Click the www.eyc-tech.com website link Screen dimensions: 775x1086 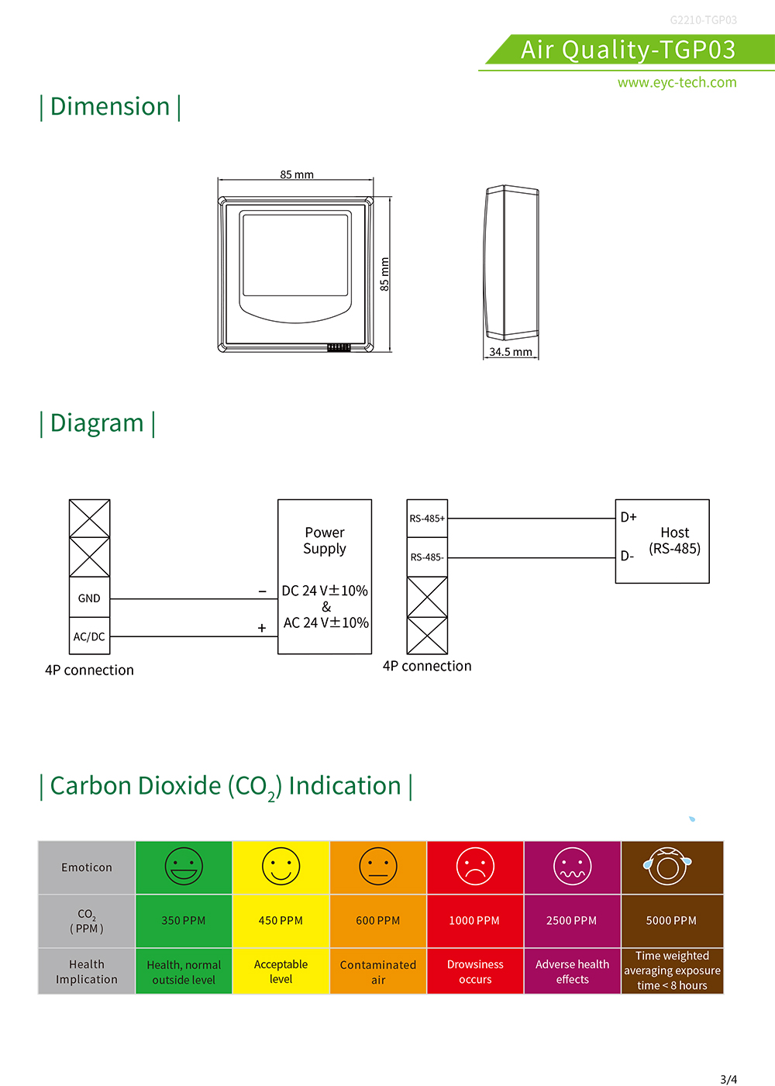[677, 82]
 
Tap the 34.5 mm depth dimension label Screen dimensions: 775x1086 [511, 351]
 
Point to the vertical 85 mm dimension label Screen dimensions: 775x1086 [384, 274]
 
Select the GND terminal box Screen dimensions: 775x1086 [89, 598]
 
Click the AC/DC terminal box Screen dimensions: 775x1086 [89, 636]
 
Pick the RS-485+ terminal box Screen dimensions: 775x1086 [427, 519]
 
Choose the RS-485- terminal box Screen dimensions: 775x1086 [427, 557]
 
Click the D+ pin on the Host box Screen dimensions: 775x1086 [629, 517]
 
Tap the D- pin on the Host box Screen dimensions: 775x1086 [627, 556]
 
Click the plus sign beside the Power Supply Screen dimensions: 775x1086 [262, 628]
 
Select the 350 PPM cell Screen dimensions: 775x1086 [184, 920]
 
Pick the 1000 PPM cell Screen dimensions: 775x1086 [475, 920]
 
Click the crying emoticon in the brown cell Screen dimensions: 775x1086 [667, 867]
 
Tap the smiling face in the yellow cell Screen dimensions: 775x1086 [281, 867]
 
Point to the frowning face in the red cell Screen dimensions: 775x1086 [476, 867]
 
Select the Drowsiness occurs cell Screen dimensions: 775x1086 [475, 971]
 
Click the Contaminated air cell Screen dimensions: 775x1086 [378, 971]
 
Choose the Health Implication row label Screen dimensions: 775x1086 [87, 971]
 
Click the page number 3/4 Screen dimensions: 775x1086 [728, 1079]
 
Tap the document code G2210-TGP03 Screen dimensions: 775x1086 [703, 20]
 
